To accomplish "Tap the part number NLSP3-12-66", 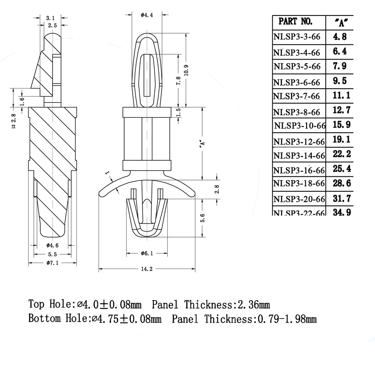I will pyautogui.click(x=300, y=142).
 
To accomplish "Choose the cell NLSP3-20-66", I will pyautogui.click(x=300, y=199).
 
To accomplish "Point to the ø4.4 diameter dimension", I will pyautogui.click(x=147, y=15).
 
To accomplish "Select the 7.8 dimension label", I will pyautogui.click(x=178, y=80).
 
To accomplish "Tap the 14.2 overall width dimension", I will pyautogui.click(x=147, y=269).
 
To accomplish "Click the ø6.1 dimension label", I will pyautogui.click(x=147, y=254).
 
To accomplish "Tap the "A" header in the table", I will pyautogui.click(x=343, y=21).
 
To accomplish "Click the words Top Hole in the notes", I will pyautogui.click(x=49, y=304).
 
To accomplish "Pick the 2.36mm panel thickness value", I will pyautogui.click(x=254, y=304).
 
